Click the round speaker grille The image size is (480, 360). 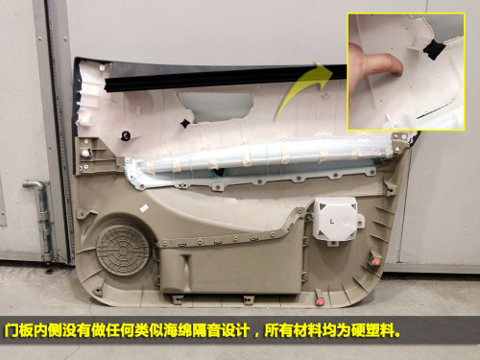pyautogui.click(x=123, y=251)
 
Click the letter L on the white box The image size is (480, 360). pyautogui.click(x=332, y=221)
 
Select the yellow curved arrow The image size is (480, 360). pyautogui.click(x=302, y=88)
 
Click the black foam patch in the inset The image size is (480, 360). pyautogui.click(x=434, y=50)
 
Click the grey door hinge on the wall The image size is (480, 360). pyautogui.click(x=41, y=219)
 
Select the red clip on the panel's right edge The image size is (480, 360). pyautogui.click(x=375, y=261)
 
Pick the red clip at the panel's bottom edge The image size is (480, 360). pyautogui.click(x=320, y=301)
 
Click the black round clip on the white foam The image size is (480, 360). pyautogui.click(x=125, y=135)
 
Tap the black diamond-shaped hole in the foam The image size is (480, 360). pyautogui.click(x=185, y=124)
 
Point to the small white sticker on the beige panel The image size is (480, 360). pyautogui.click(x=144, y=208)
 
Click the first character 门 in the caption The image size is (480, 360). pyautogui.click(x=11, y=330)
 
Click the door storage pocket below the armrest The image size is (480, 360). pyautogui.click(x=230, y=269)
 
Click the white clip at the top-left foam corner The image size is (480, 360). pyautogui.click(x=103, y=68)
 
